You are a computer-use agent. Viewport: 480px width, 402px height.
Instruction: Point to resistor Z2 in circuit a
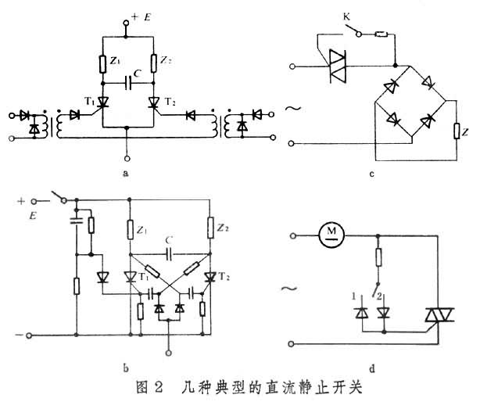tap(152, 60)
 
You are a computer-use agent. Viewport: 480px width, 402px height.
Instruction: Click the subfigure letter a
tap(127, 174)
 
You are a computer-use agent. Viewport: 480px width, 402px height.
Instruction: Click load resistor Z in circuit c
tap(456, 131)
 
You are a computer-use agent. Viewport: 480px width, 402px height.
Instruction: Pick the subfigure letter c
tap(371, 174)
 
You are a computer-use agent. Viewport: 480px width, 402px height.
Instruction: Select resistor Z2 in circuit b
tap(211, 229)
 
